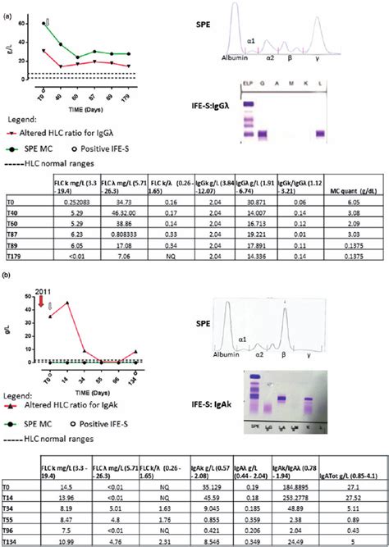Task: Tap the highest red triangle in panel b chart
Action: point(67,303)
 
